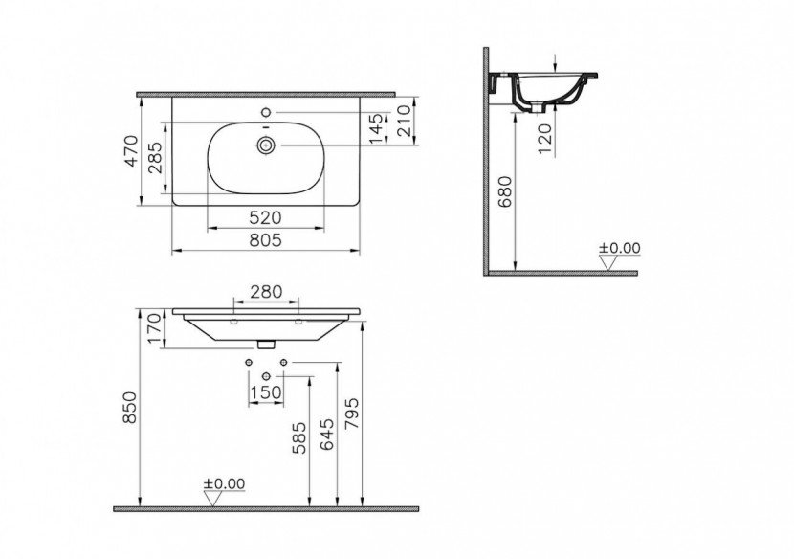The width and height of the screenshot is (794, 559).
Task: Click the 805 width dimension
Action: pos(265,241)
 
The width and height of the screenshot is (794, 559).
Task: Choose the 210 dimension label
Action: pos(405,121)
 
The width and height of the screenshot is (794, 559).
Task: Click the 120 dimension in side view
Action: pos(544,141)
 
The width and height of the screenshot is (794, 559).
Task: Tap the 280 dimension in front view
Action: pos(266,291)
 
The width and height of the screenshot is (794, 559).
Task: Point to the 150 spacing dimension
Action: pos(266,391)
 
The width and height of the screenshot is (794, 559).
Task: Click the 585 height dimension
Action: pos(300,438)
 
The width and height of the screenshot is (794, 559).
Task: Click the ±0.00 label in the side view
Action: pos(619,248)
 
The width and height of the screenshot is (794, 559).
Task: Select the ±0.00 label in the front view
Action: pos(225,483)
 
